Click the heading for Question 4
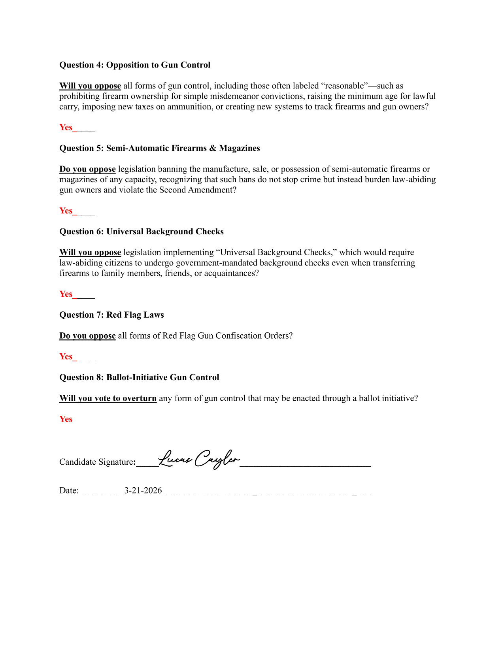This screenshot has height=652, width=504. [135, 65]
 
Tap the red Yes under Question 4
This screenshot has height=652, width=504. [66, 127]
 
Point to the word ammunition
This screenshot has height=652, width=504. [189, 107]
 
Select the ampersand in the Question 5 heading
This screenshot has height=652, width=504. [213, 148]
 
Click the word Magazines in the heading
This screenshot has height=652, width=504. [240, 148]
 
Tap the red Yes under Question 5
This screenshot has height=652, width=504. [66, 211]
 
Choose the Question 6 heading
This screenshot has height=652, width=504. [142, 232]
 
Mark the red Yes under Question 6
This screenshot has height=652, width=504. [66, 294]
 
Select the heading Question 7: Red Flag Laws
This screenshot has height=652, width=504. [111, 315]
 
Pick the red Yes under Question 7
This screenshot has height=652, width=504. [66, 356]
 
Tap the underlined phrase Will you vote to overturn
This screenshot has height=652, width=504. [108, 398]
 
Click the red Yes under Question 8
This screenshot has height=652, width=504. [66, 419]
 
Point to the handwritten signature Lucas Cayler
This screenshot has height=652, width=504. [199, 459]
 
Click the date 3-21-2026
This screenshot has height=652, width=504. [143, 490]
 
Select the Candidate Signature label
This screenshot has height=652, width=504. [96, 462]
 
